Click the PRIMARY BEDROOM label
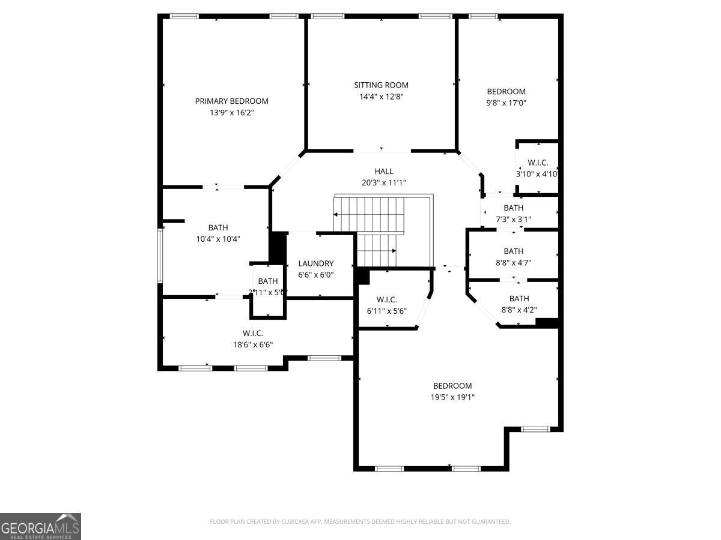coord(231,101)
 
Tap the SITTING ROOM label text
coord(381,85)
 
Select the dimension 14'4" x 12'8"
coord(381,97)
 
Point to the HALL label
coord(384,172)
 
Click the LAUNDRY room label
coord(315,263)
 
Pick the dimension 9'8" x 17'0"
coord(506,103)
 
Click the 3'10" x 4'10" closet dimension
coord(537,174)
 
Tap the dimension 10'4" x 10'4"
coord(218,239)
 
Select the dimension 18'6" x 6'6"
coord(253,344)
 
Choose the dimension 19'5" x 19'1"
coord(452,397)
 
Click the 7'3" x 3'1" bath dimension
coord(513,219)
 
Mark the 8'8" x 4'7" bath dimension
coord(513,262)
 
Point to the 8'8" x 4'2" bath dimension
coord(519,310)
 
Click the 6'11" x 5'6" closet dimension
coord(386,311)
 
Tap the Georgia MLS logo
coord(40,526)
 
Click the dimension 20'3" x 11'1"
coord(384,183)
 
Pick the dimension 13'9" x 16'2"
coord(231,112)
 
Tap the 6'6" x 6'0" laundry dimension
coord(315,275)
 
